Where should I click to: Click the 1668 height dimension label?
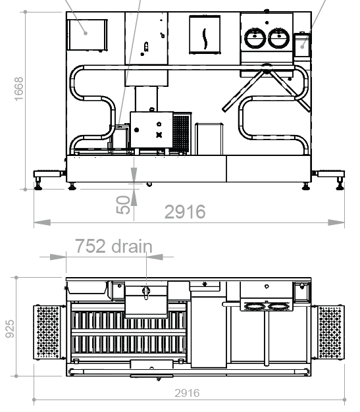(x=18, y=89)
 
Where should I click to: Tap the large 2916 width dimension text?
(x=185, y=212)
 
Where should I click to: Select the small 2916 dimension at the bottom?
(x=187, y=393)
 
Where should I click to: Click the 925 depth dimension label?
(x=10, y=328)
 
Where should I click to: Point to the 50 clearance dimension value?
(x=123, y=205)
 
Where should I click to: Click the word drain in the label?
(x=132, y=246)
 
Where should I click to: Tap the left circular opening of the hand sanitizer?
(x=255, y=38)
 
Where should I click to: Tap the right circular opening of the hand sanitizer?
(x=279, y=38)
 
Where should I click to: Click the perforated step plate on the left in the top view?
(x=47, y=332)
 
